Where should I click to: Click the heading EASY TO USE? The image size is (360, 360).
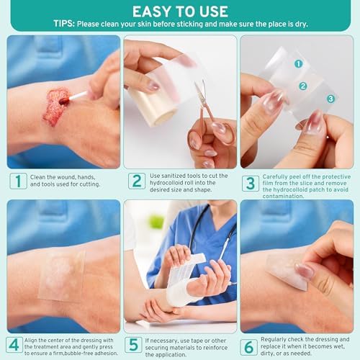tap(179, 11)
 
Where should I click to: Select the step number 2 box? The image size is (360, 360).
tap(137, 181)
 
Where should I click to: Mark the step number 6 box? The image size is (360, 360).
tap(250, 346)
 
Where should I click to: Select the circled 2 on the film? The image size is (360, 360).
tap(303, 85)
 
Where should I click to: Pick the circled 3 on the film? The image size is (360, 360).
tap(330, 98)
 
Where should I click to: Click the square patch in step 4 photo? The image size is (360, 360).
tap(61, 274)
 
